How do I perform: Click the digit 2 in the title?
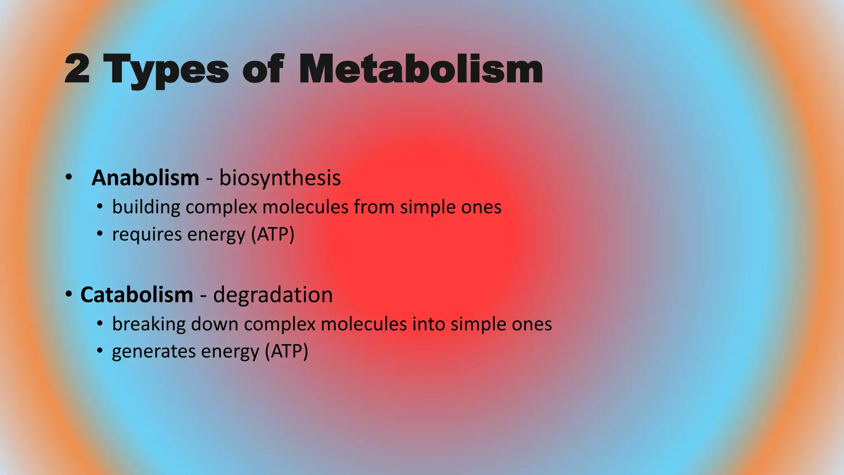tap(77, 69)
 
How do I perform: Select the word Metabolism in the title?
tap(420, 69)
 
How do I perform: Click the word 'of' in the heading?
tap(263, 69)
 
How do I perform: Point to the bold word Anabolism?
tap(145, 178)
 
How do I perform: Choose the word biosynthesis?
tap(280, 178)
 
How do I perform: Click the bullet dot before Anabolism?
tap(69, 178)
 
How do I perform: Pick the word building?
tap(146, 207)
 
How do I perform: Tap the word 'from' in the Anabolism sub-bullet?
tap(374, 207)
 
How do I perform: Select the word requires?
tap(147, 235)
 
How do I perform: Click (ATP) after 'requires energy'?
tap(273, 235)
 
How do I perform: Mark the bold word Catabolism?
tap(137, 295)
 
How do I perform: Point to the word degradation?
tap(273, 295)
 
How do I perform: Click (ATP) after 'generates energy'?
tap(286, 352)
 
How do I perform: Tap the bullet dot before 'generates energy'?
tap(100, 351)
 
